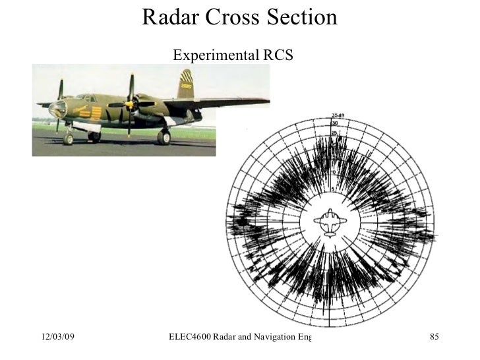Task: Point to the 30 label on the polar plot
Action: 335,123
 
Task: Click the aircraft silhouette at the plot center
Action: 329,222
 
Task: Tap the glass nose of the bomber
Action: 57,109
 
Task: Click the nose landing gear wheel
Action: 69,138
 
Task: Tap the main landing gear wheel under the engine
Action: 164,136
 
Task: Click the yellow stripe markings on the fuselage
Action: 95,111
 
